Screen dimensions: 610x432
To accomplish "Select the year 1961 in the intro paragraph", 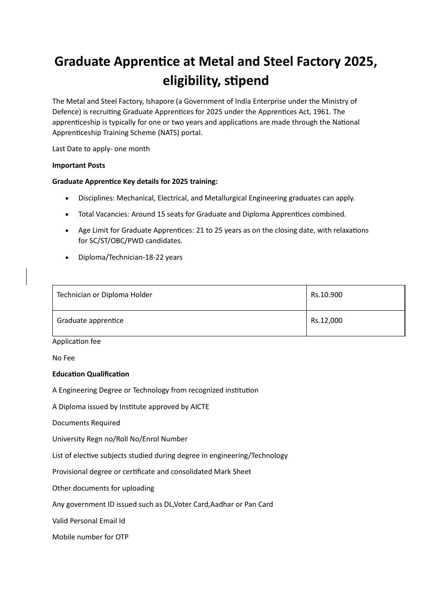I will (x=321, y=112).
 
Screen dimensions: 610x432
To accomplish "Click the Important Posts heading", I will (x=79, y=165).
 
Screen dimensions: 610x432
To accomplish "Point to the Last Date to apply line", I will (x=101, y=149).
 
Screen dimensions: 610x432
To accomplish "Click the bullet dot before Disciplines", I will (x=67, y=198).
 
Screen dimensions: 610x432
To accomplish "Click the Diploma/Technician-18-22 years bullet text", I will (x=130, y=257).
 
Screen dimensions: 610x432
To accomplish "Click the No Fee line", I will (x=63, y=358).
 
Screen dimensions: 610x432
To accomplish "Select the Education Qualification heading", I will (x=90, y=374).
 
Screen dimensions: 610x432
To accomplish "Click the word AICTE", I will (x=199, y=407).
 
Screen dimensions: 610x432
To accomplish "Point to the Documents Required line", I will (x=86, y=423).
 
